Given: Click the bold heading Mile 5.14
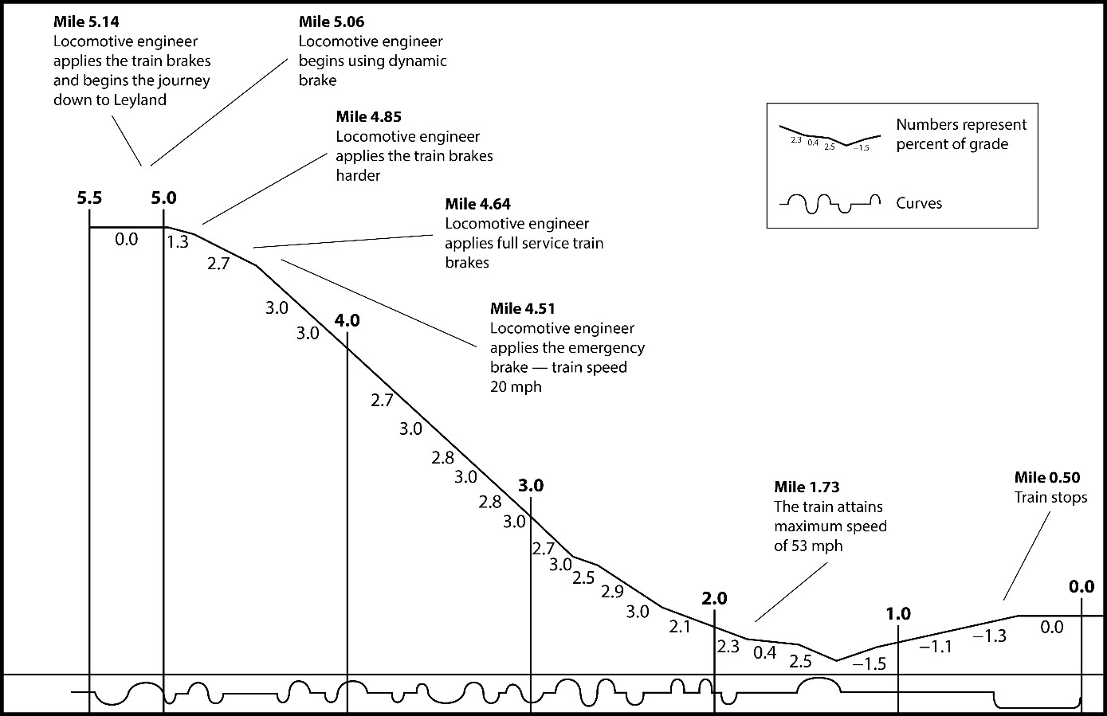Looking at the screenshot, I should pyautogui.click(x=86, y=22).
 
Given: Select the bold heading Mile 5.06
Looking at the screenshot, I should pyautogui.click(x=332, y=22).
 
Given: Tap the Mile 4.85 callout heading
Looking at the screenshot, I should pyautogui.click(x=368, y=117).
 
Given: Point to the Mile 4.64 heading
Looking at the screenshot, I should pyautogui.click(x=477, y=205).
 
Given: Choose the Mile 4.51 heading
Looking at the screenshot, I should pyautogui.click(x=523, y=308).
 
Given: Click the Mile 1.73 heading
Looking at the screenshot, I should pyautogui.click(x=807, y=487).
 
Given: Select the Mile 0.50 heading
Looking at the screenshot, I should pyautogui.click(x=1046, y=477).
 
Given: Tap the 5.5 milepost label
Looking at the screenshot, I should pyautogui.click(x=89, y=198).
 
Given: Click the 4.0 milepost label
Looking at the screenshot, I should pyautogui.click(x=347, y=321).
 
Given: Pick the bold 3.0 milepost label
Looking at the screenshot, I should pyautogui.click(x=531, y=485).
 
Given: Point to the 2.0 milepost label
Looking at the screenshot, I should pyautogui.click(x=714, y=599).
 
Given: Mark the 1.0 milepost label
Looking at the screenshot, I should pyautogui.click(x=898, y=614).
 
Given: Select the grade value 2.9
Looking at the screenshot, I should pyautogui.click(x=612, y=592).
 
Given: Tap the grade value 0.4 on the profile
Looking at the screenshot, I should pyautogui.click(x=764, y=653).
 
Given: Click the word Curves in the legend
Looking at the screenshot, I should pyautogui.click(x=919, y=203).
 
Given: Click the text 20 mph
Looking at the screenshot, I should pyautogui.click(x=516, y=386).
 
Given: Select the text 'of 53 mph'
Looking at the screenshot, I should pyautogui.click(x=808, y=546).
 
